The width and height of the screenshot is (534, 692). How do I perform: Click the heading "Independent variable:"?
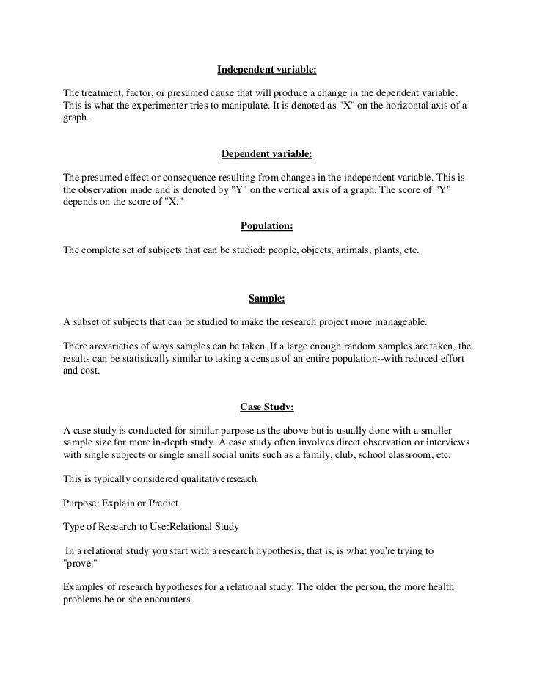[x=267, y=71]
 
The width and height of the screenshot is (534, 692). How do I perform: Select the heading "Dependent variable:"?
[x=267, y=155]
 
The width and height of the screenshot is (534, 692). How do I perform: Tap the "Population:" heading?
[x=267, y=226]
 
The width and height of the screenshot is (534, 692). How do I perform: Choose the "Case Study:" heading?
[x=267, y=406]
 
